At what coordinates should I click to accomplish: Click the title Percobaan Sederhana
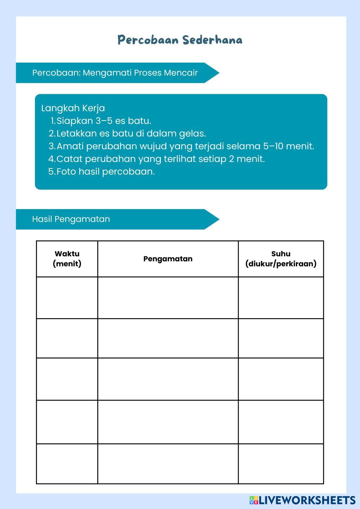(x=180, y=40)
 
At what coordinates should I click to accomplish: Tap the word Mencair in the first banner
(x=181, y=73)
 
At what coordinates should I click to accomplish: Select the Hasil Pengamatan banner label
(x=71, y=219)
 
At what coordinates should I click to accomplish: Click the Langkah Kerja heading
(x=73, y=108)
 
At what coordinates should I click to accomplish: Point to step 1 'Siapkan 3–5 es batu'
(x=104, y=121)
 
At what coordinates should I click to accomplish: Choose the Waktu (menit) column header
(x=67, y=258)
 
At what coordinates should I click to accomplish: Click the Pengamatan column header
(x=168, y=259)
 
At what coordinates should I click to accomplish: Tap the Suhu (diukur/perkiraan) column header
(x=281, y=258)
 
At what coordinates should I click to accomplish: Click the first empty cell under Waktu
(x=67, y=298)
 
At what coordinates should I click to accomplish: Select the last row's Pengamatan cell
(x=168, y=464)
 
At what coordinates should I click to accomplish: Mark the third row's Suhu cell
(x=281, y=379)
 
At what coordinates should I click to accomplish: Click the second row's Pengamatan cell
(x=168, y=338)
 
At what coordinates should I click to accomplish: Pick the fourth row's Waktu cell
(x=67, y=422)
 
